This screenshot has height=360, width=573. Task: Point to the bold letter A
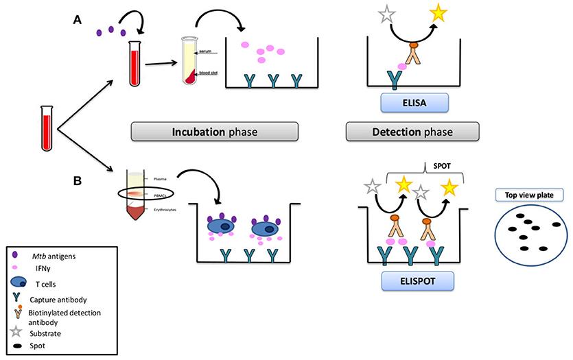point(78,20)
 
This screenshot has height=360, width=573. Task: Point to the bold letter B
point(78,182)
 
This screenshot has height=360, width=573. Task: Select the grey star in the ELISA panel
point(380,11)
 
